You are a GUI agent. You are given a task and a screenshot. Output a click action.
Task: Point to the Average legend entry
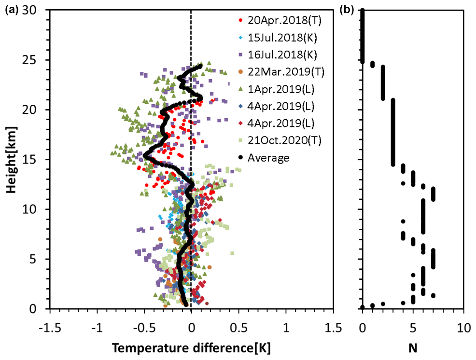pos(268,157)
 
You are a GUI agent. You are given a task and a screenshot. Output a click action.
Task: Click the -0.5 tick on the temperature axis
pos(144,321)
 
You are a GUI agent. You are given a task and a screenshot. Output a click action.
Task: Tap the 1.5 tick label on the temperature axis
pos(333,321)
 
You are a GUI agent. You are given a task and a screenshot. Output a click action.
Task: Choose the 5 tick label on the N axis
pos(413,321)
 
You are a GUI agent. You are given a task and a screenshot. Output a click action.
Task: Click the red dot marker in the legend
pos(240,21)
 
